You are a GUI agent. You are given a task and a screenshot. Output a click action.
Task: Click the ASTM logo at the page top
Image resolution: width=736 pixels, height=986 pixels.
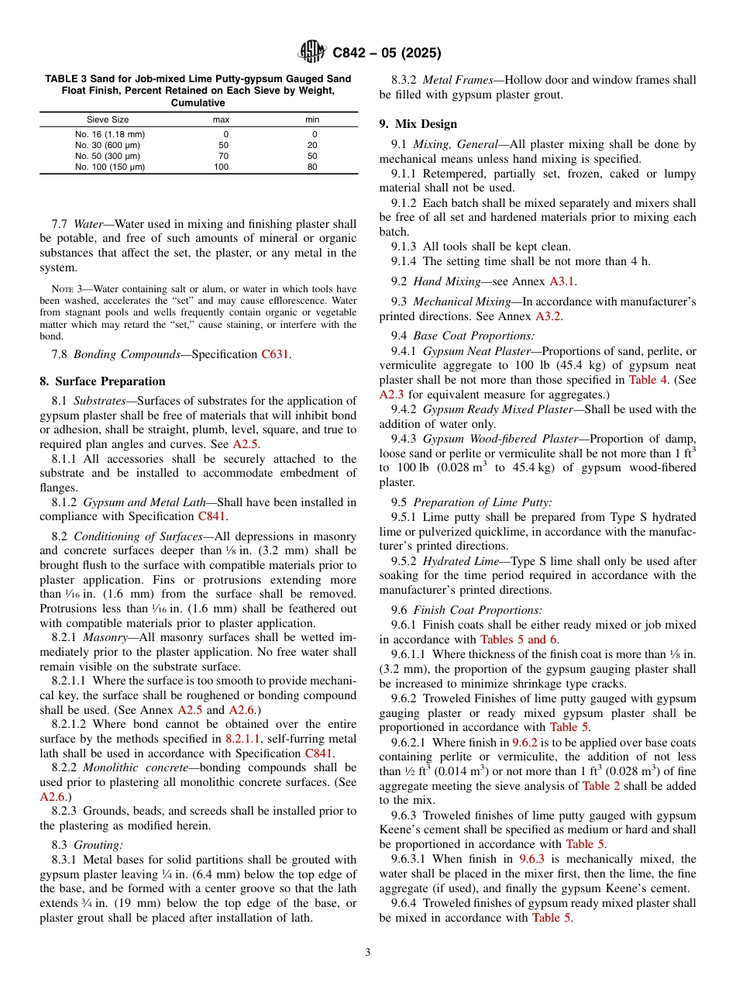[312, 53]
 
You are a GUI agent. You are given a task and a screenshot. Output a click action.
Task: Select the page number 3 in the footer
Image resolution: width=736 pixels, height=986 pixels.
[368, 952]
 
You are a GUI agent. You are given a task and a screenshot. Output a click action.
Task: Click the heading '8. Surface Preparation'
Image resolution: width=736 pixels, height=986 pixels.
[102, 381]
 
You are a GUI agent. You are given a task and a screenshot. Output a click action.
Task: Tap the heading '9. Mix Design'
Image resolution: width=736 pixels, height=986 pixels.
[418, 124]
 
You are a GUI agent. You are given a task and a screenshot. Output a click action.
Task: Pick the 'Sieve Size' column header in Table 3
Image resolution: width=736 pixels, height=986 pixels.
[108, 120]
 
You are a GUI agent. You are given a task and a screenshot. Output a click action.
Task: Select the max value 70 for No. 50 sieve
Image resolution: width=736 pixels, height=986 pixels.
[223, 156]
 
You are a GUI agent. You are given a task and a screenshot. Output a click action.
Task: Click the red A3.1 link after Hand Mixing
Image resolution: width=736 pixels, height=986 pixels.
[562, 281]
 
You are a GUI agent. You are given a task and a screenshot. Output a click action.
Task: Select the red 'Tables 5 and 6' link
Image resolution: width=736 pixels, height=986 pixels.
[518, 640]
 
